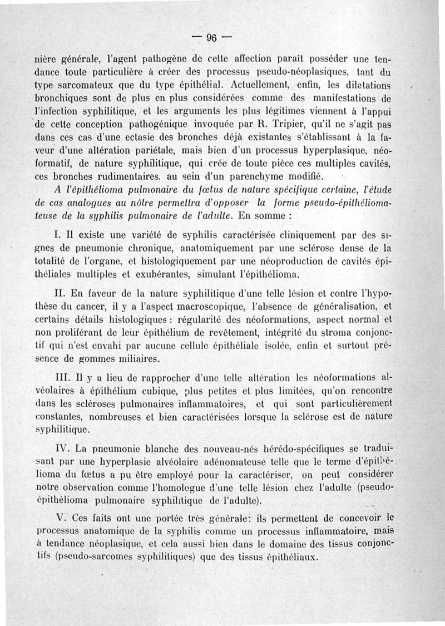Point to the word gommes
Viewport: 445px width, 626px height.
coord(100,358)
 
